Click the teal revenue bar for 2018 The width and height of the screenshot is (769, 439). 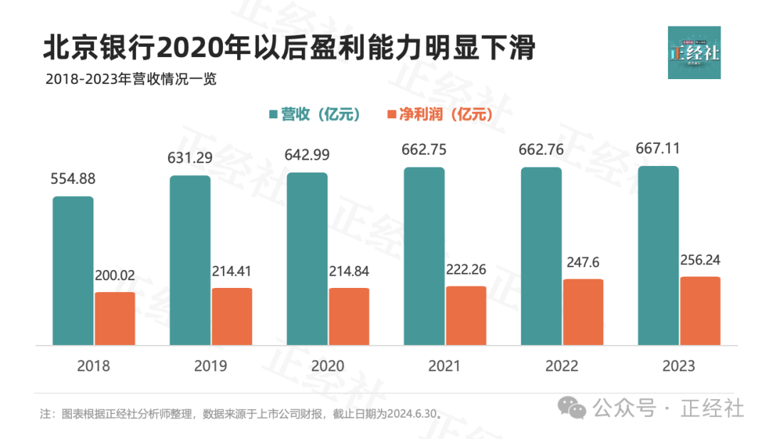73,271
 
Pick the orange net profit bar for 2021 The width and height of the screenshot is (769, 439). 466,316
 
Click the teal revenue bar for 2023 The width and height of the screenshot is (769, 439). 659,256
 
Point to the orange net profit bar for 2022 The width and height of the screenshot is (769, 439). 583,312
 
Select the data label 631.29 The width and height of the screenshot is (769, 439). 189,158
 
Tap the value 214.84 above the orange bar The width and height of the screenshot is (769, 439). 349,272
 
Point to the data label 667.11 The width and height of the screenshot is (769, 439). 658,149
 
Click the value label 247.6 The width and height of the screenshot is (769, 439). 583,263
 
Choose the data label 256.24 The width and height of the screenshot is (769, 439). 700,260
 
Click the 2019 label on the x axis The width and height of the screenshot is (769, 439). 211,366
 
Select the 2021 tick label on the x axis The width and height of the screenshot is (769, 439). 445,366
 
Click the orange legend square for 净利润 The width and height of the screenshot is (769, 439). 391,115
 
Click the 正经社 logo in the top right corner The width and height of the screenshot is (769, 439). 694,53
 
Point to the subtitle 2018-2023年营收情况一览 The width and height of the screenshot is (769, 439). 131,79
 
